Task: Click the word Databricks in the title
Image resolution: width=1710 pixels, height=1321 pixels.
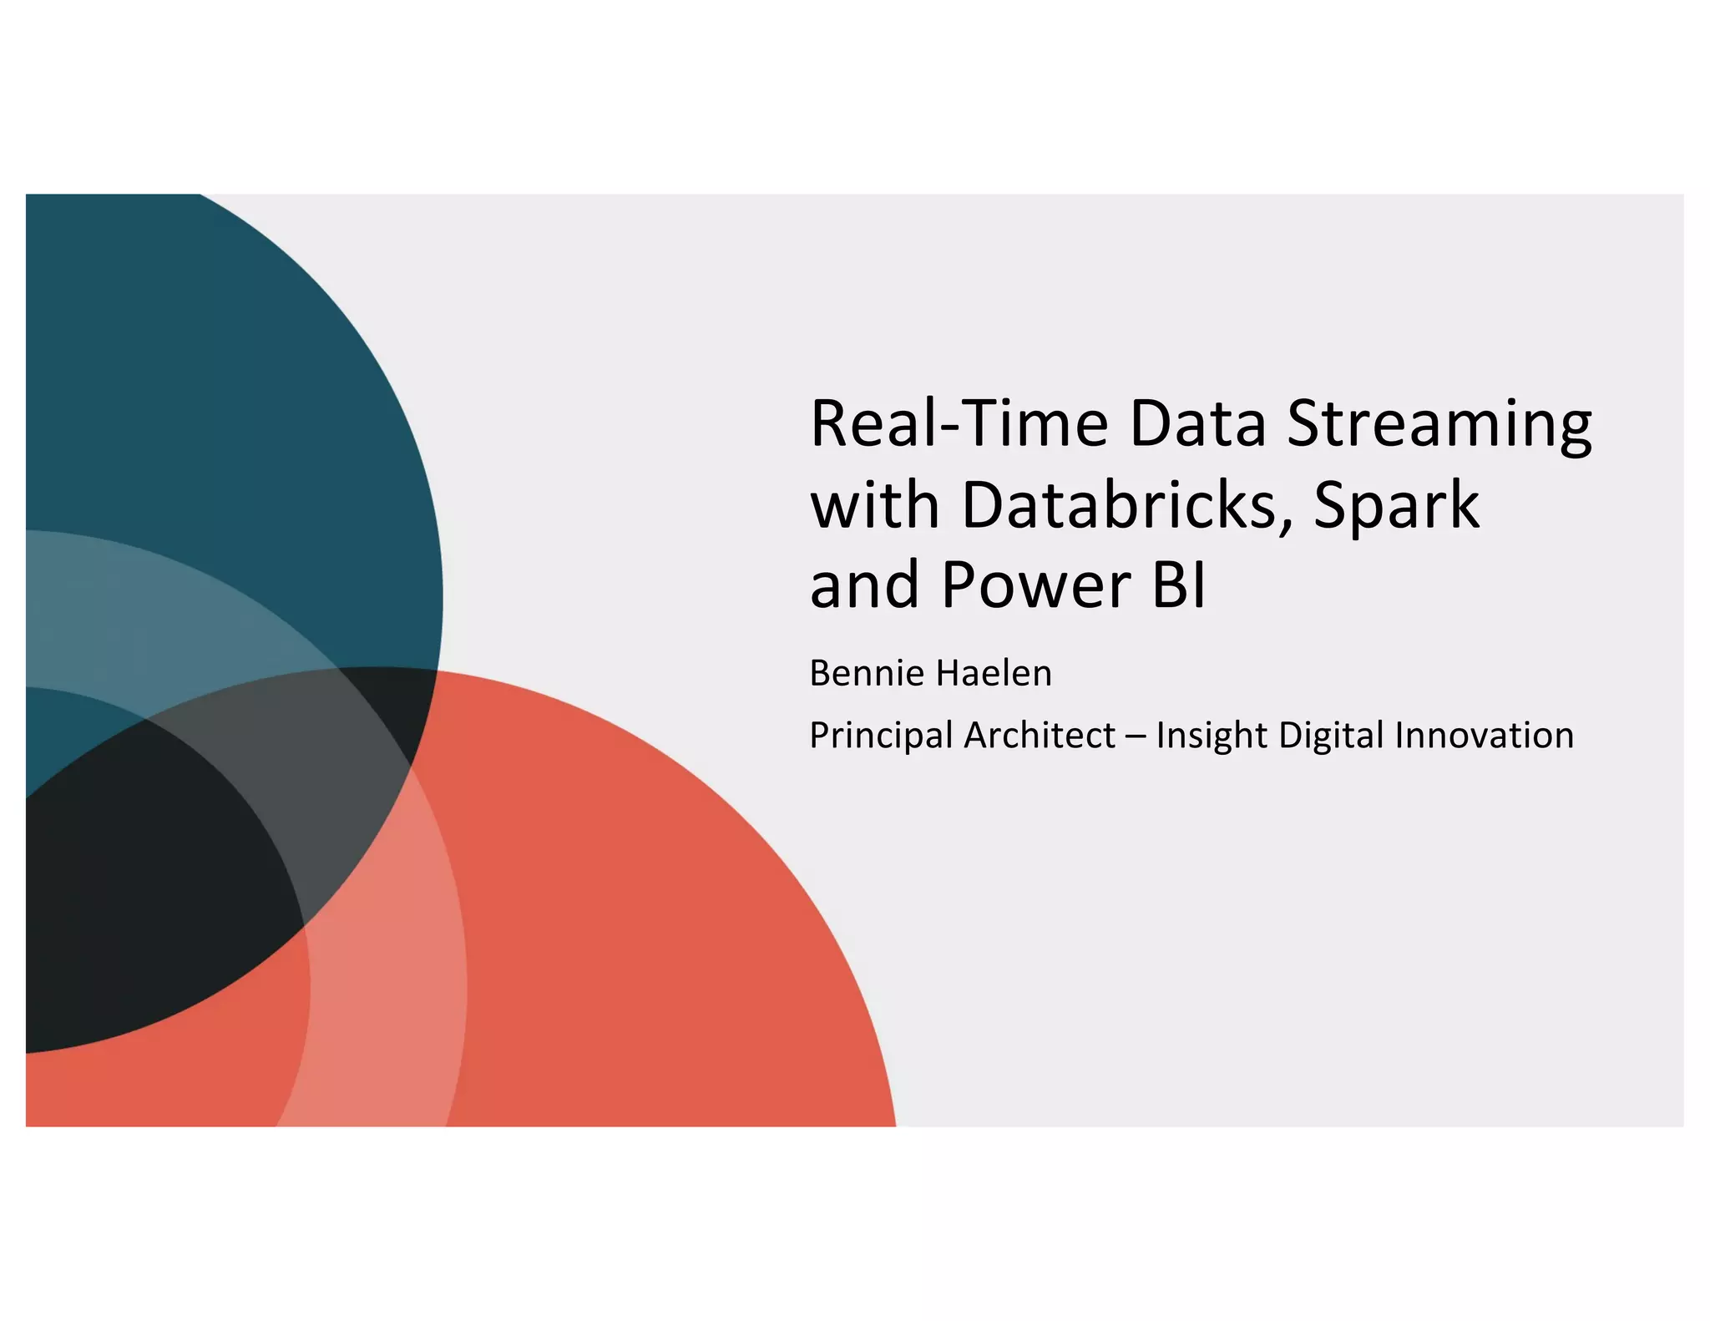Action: [1117, 504]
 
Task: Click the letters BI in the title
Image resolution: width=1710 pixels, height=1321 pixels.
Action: [1179, 585]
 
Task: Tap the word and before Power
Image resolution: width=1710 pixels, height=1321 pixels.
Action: [864, 585]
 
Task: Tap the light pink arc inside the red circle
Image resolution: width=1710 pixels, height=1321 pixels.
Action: [384, 1002]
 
